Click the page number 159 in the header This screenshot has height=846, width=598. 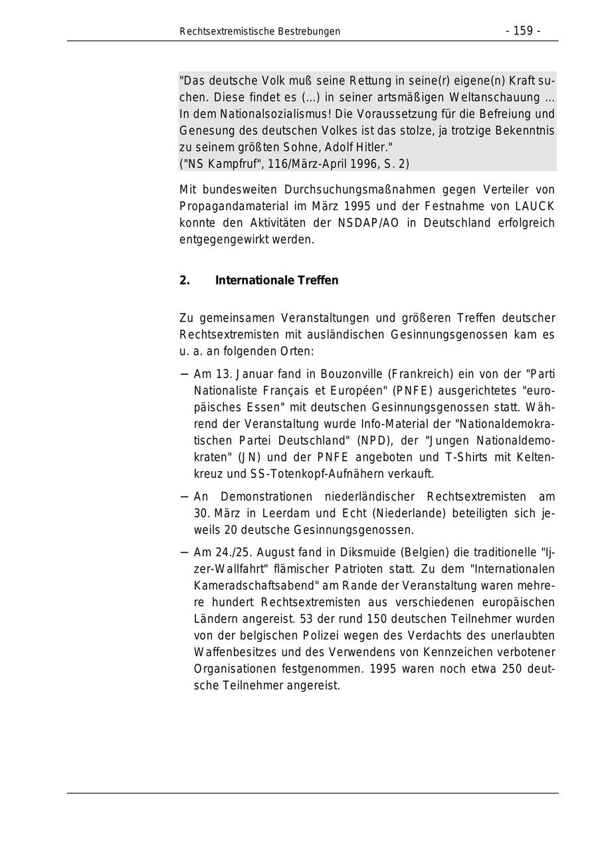pyautogui.click(x=523, y=31)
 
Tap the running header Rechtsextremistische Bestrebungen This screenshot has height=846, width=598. pyautogui.click(x=260, y=31)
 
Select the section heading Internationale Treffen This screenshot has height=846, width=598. pyautogui.click(x=276, y=280)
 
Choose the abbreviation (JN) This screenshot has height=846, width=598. pyautogui.click(x=249, y=457)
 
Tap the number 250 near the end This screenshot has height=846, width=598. pyautogui.click(x=512, y=669)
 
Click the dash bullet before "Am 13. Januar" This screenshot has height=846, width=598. pyautogui.click(x=184, y=373)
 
